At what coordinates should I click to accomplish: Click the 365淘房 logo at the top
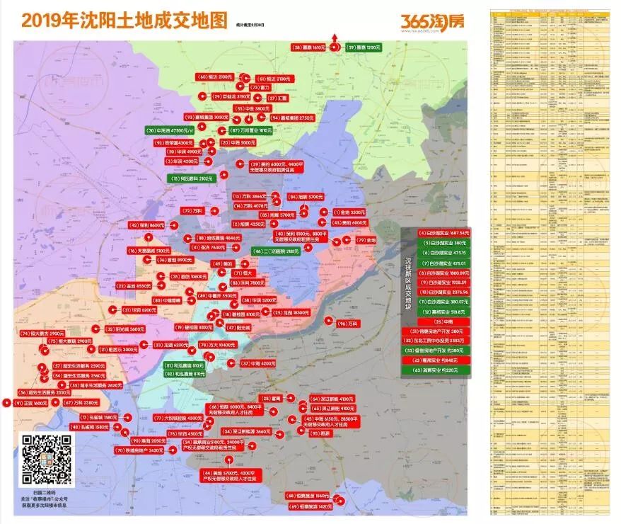tap(432, 21)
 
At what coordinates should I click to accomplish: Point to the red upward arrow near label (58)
tap(335, 40)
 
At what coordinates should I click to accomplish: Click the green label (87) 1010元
tap(251, 131)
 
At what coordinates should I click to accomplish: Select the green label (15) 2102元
tap(192, 179)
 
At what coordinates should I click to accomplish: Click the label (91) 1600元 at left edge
tap(30, 402)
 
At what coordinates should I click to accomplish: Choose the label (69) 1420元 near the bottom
tap(310, 507)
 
